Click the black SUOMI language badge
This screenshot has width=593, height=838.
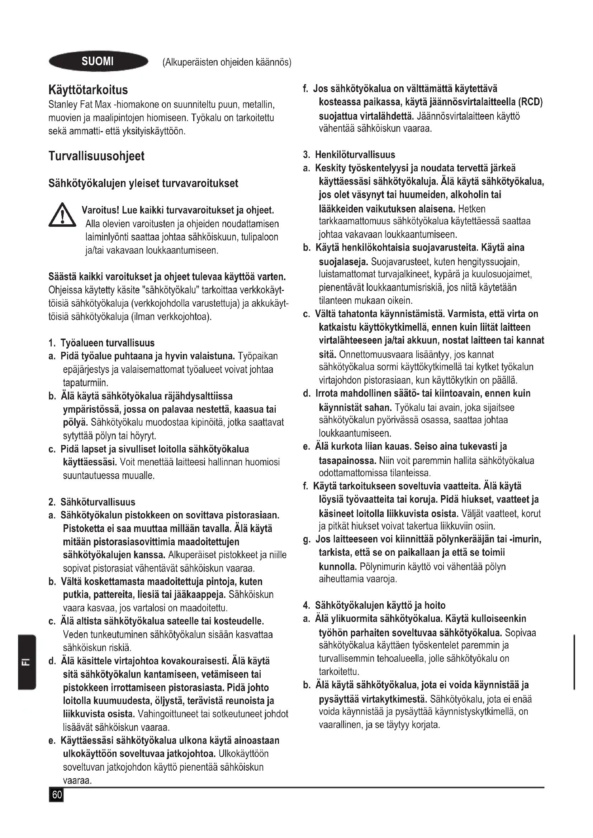[x=98, y=61]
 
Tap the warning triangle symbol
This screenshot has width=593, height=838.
[x=62, y=215]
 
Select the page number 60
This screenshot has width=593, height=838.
[x=57, y=795]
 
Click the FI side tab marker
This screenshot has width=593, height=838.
[x=27, y=662]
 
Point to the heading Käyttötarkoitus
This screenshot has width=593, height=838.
[x=88, y=90]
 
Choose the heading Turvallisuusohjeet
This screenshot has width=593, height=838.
[x=96, y=156]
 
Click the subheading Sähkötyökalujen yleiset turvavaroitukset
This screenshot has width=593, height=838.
[x=143, y=183]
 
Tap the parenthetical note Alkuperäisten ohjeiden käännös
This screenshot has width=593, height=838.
[x=227, y=62]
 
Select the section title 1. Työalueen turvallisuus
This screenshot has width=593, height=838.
[x=101, y=343]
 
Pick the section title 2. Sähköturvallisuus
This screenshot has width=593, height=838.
[x=92, y=502]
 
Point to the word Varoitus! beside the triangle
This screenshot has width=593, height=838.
[x=101, y=210]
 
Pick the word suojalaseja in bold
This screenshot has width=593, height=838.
[x=343, y=262]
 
